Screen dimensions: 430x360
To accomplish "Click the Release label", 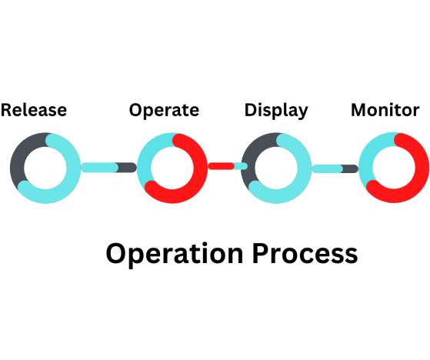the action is (x=34, y=110).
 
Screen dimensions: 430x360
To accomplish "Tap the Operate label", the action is (x=164, y=111).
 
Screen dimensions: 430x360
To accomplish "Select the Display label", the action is (x=276, y=111).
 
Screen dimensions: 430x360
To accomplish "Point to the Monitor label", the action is (x=385, y=110).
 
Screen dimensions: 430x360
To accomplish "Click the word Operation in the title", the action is (x=175, y=254).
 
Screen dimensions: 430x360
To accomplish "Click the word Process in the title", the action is (x=305, y=253).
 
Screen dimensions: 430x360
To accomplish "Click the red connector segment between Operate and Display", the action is (x=222, y=166).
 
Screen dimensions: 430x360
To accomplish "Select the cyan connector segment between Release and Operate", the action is (x=100, y=167).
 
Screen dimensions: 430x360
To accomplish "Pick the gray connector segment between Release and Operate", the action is (x=126, y=167).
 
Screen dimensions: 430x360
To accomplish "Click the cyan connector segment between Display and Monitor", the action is (x=328, y=168).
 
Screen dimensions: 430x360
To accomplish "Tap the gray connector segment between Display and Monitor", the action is (x=349, y=168).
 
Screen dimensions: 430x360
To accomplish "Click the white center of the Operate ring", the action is (x=172, y=168).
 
